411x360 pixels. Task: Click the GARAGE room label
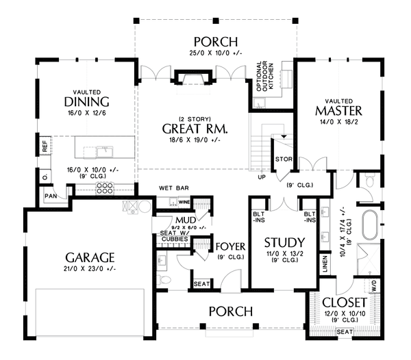90,257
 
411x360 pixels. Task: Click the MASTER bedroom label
338,110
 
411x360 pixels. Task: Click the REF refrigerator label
44,145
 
